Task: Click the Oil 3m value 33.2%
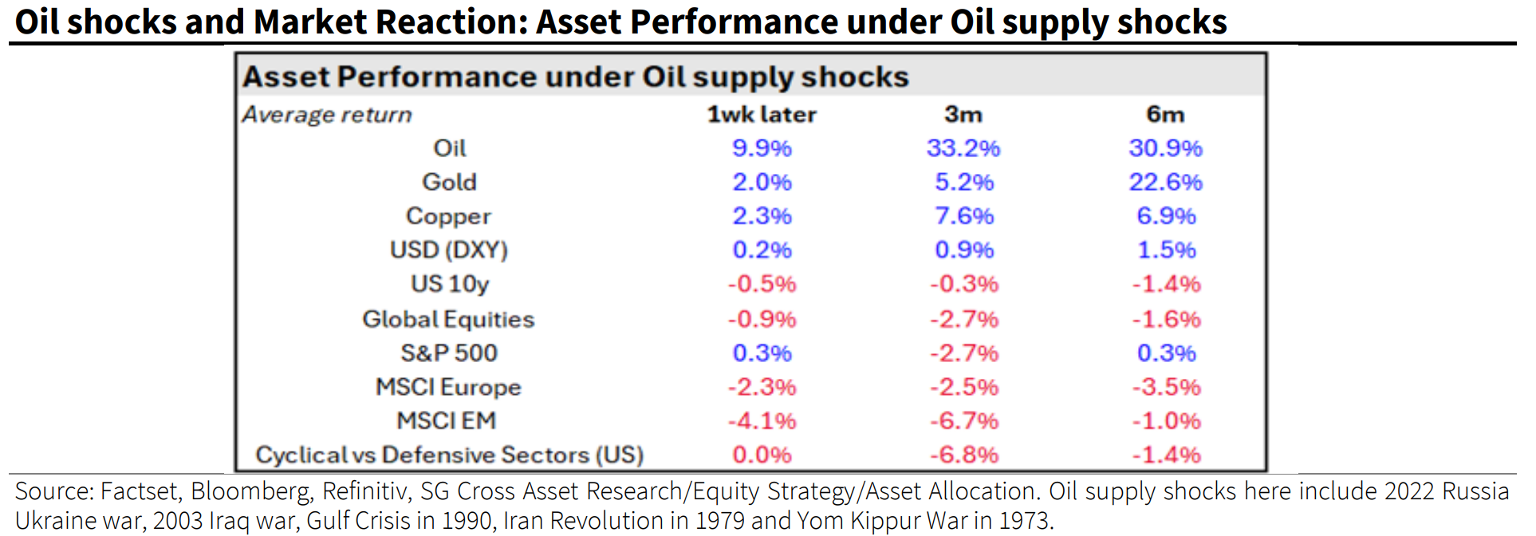[963, 148]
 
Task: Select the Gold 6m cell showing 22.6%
[1165, 182]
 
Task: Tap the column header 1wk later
[762, 115]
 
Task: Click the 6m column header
[1165, 115]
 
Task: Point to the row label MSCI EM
[447, 420]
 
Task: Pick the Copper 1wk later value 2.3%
[762, 216]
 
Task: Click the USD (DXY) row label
[448, 250]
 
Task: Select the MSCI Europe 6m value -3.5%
[1166, 387]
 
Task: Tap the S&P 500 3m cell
[963, 353]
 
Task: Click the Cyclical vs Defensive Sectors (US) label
[449, 455]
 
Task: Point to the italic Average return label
[327, 115]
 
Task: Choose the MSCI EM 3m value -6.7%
[963, 420]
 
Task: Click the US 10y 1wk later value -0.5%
[762, 284]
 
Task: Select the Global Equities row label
[448, 319]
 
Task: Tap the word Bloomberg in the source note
[250, 491]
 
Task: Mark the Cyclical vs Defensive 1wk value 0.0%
[762, 455]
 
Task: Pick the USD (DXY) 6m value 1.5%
[1166, 250]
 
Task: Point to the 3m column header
[963, 115]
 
